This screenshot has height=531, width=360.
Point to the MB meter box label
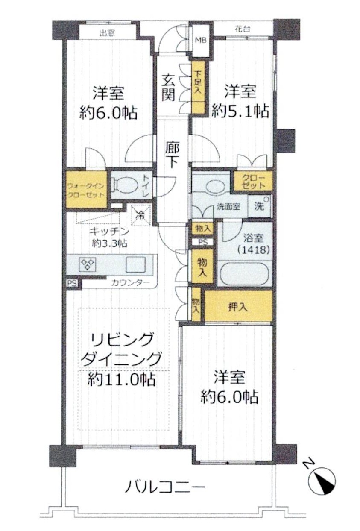(x=200, y=41)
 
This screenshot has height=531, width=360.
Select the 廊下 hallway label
(x=172, y=155)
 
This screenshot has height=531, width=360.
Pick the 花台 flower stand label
(x=242, y=29)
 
